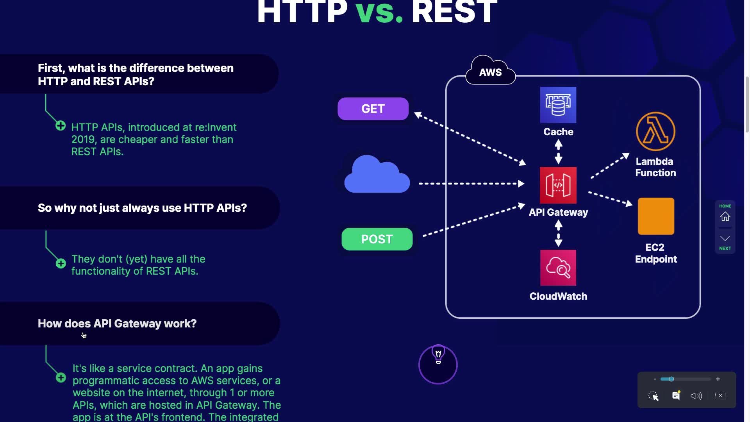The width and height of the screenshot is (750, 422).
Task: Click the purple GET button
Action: [373, 109]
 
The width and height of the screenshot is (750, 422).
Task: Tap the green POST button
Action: [377, 239]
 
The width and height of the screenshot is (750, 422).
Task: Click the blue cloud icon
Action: [377, 175]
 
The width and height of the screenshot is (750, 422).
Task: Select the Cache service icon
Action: [558, 105]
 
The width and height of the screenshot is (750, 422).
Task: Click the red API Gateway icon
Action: [558, 185]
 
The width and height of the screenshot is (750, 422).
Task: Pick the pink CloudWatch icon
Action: [558, 268]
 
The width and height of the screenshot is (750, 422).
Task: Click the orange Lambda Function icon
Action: [655, 132]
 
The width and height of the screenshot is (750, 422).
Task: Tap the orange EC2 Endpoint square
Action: [656, 216]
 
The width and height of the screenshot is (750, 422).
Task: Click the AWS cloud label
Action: [490, 72]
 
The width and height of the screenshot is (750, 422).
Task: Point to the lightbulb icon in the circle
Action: [438, 356]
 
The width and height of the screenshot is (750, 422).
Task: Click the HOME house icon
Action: [725, 216]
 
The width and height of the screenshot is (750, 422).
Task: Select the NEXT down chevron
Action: [725, 238]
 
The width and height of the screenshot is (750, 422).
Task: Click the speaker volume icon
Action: [696, 396]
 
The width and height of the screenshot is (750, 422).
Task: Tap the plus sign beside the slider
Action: [718, 379]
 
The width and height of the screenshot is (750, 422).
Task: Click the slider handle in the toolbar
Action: [671, 379]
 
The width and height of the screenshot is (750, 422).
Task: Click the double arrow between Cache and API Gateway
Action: [559, 152]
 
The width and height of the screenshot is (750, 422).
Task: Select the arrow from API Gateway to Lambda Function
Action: [610, 166]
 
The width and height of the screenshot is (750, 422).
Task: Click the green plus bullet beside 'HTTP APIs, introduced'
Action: [61, 126]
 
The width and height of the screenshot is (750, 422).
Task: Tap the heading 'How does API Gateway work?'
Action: [117, 324]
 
